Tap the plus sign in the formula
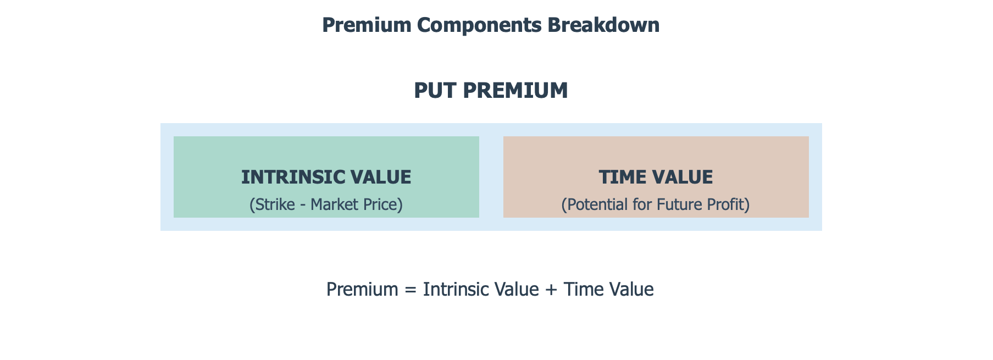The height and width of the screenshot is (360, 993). (551, 290)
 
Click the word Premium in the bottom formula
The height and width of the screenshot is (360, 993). (362, 289)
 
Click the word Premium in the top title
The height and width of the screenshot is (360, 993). (367, 25)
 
